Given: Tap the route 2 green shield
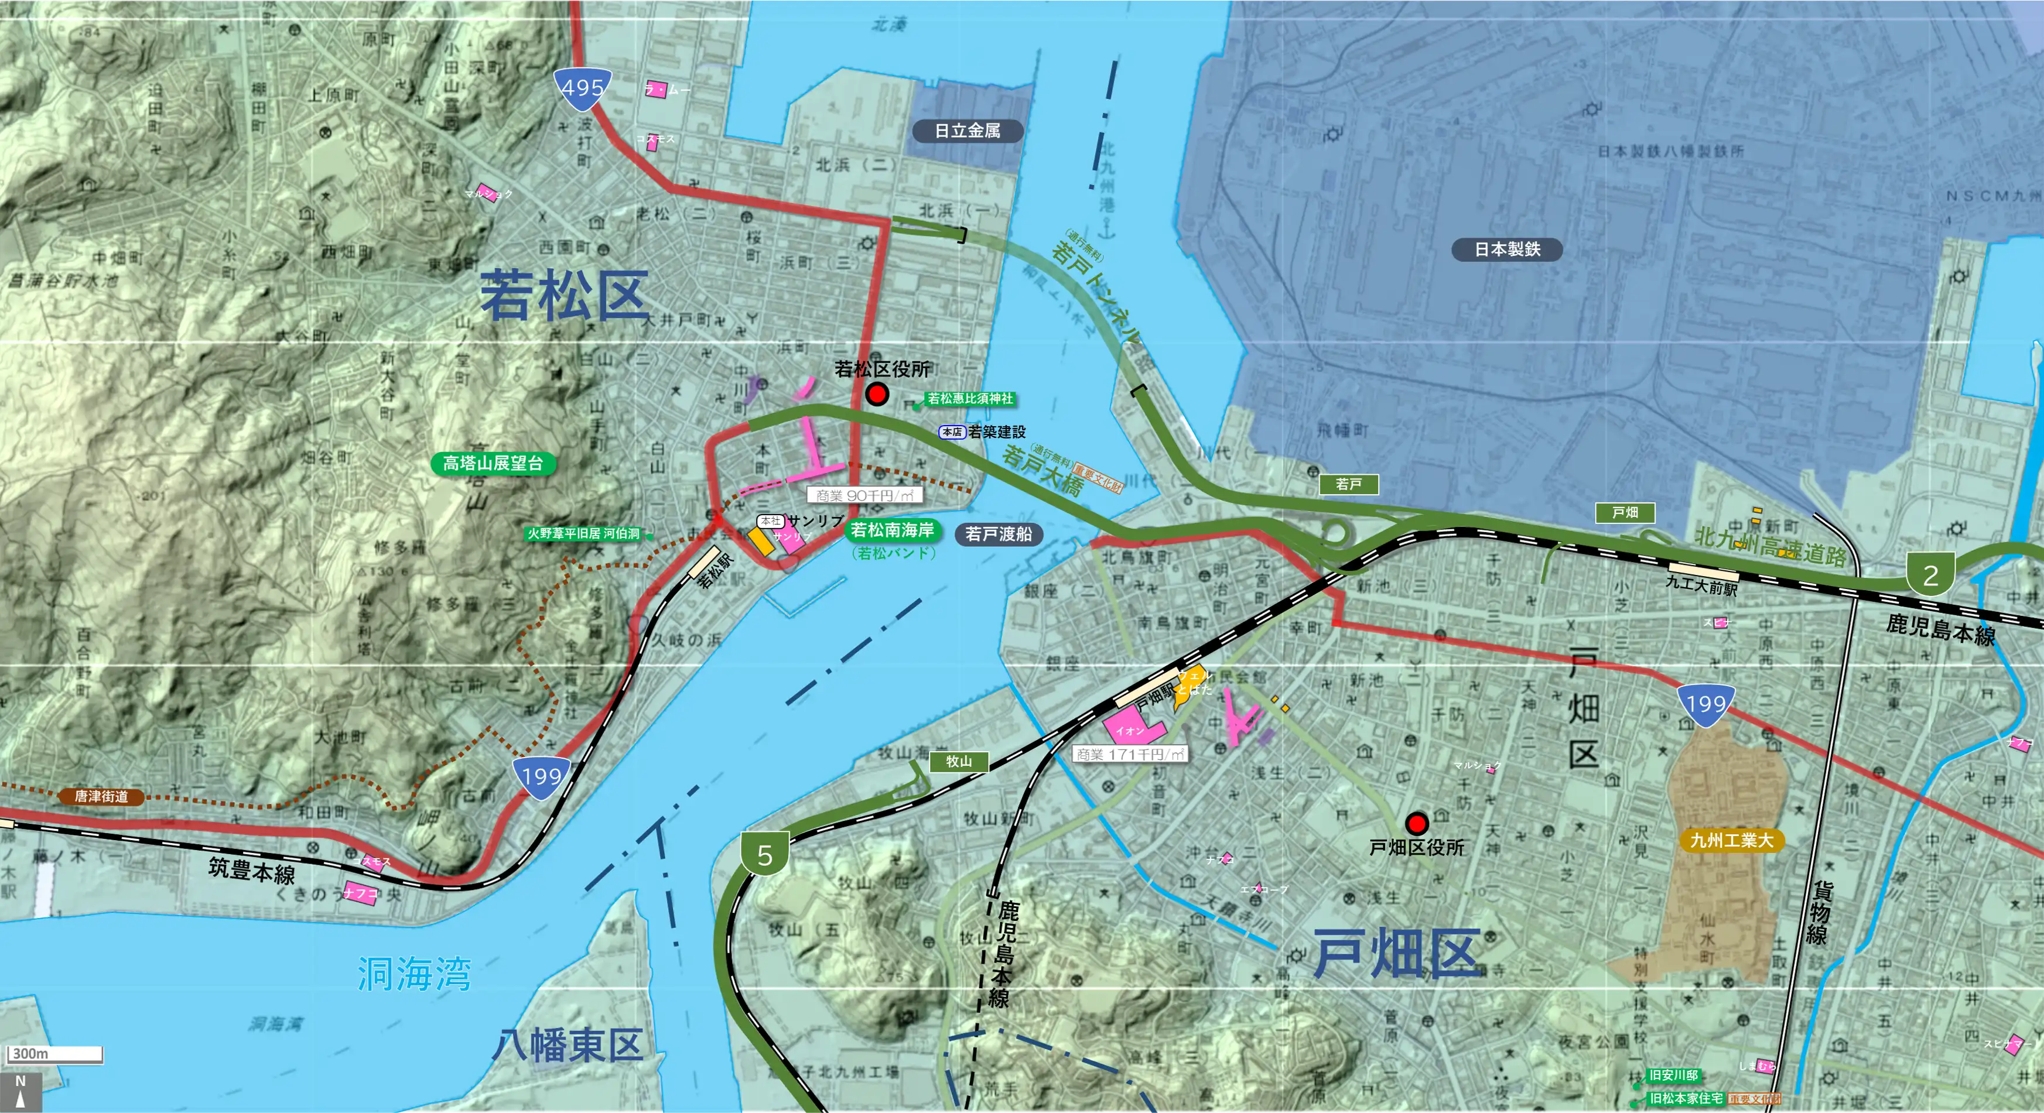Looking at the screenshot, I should coord(1930,575).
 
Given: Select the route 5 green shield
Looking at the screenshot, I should coord(764,854).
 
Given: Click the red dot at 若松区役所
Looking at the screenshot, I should coord(877,394).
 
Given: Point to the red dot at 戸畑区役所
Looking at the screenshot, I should coord(1416,823).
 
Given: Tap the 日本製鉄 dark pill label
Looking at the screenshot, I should coord(1507,249).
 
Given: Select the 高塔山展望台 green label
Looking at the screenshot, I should coord(493,463).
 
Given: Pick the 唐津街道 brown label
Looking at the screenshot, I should coord(101,796).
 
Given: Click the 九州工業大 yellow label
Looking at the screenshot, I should coord(1731,840).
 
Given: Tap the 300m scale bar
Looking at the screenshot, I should coord(54,1053).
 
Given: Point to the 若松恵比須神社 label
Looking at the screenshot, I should coord(970,398).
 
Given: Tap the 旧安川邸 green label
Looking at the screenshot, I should coord(1673,1075).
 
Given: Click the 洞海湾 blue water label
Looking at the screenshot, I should coord(413,974).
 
